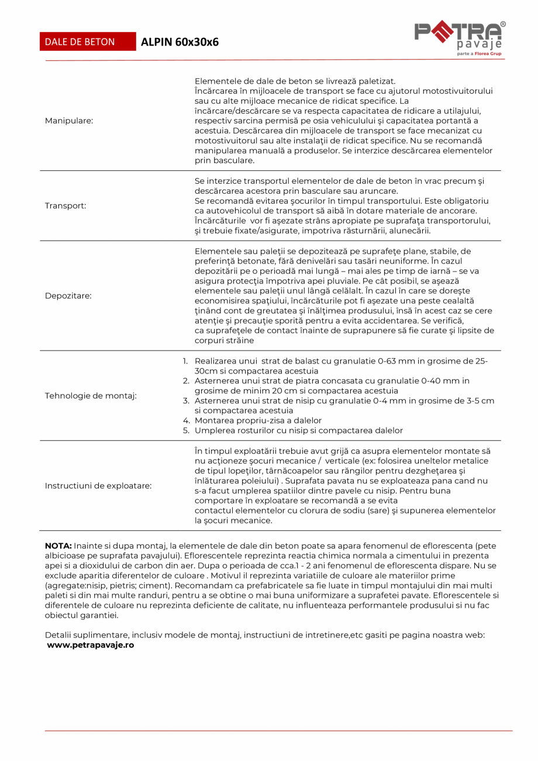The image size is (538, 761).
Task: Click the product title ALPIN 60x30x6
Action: [x=180, y=42]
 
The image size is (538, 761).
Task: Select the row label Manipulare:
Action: [x=69, y=120]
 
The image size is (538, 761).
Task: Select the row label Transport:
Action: [x=65, y=206]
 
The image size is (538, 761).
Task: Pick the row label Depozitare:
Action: [x=68, y=296]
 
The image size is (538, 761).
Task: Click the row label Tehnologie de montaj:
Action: [x=91, y=396]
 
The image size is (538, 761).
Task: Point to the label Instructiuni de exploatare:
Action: [x=98, y=485]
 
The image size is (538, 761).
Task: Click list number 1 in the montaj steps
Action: [x=186, y=361]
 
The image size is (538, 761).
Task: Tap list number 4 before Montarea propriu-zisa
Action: [x=186, y=420]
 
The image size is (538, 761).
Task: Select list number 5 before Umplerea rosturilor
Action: [x=186, y=430]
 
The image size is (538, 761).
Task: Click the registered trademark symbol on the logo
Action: [x=503, y=24]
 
